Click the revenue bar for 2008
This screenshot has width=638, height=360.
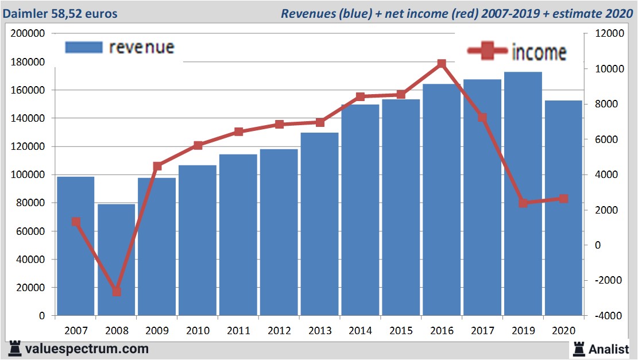pyautogui.click(x=116, y=260)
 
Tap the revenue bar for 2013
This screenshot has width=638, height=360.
pyautogui.click(x=319, y=224)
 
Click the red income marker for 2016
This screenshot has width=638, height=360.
pyautogui.click(x=442, y=64)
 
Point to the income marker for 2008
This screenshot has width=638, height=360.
pyautogui.click(x=117, y=292)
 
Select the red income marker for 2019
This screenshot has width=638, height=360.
pyautogui.click(x=523, y=203)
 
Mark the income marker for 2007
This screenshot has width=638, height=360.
pyautogui.click(x=76, y=222)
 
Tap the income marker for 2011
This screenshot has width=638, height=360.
pyautogui.click(x=238, y=132)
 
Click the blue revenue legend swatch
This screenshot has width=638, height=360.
pyautogui.click(x=83, y=47)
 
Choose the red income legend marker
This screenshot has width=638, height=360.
pyautogui.click(x=488, y=52)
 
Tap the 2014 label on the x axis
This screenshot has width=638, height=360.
pyautogui.click(x=360, y=331)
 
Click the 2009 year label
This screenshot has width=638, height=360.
pyautogui.click(x=157, y=331)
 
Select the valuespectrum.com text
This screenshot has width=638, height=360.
pyautogui.click(x=87, y=349)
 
